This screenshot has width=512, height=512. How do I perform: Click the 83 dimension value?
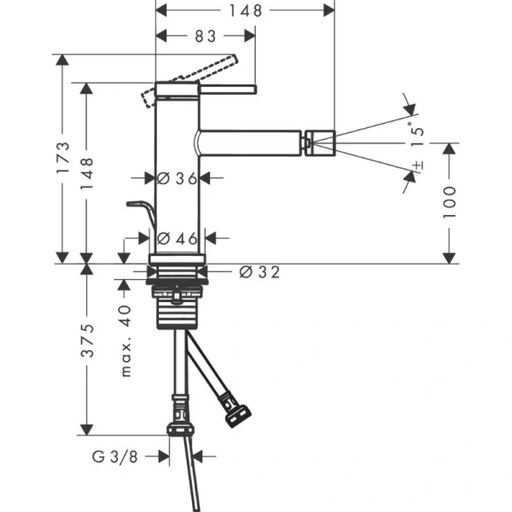[206, 37]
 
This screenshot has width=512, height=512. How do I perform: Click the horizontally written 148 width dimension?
[246, 9]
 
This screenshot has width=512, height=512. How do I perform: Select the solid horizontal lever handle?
[205, 88]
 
